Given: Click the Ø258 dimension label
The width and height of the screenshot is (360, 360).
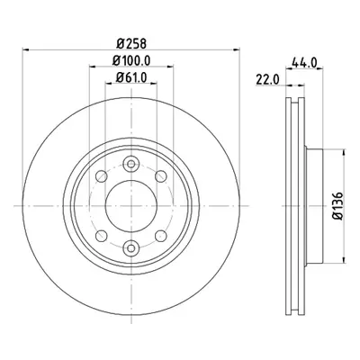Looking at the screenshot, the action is pos(131,44).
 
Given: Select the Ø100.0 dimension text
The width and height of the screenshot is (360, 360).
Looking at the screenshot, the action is pos(131,61).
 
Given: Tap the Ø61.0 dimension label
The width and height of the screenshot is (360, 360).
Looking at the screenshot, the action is pos(131,78).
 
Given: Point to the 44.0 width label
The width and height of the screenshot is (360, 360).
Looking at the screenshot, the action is pos(304,63).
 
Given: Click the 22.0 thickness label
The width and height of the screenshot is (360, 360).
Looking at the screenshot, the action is pos(267,80).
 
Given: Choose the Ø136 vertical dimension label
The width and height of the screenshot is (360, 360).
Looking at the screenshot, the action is pos(337,206).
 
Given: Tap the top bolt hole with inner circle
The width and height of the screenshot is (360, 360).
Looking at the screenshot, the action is pos(131,164).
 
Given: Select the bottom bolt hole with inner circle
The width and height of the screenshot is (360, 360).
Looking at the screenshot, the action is pos(131,247).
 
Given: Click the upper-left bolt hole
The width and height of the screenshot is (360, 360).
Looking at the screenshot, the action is pos(102,175).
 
